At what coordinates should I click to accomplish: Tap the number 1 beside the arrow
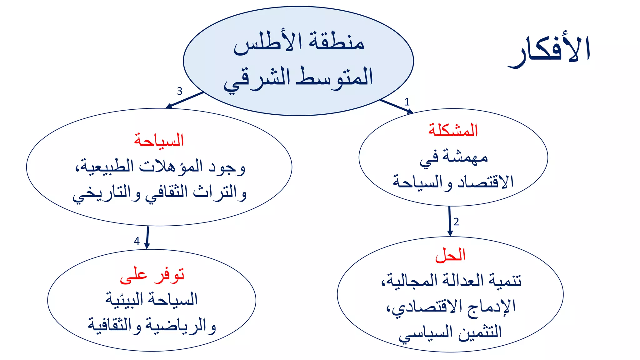(x=407, y=102)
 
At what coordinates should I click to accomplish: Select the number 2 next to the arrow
(x=456, y=222)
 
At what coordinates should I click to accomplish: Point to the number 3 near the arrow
(x=179, y=91)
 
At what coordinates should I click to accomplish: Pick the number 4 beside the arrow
(x=137, y=241)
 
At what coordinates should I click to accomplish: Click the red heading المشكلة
(x=453, y=130)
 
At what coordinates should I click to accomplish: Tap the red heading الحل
(x=450, y=255)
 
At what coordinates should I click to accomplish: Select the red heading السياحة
(x=159, y=140)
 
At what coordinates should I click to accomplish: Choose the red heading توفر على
(x=152, y=275)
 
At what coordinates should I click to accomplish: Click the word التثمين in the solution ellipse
(x=480, y=332)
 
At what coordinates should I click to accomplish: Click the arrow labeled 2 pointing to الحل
(x=450, y=221)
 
